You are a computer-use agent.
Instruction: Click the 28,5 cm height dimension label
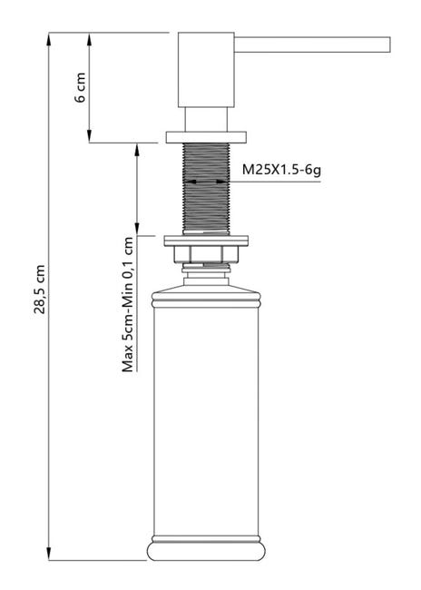(x=40, y=289)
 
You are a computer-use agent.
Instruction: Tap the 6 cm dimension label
(x=80, y=88)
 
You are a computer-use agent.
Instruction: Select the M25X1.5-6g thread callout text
(x=281, y=170)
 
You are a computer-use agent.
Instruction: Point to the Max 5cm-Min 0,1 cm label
(x=128, y=304)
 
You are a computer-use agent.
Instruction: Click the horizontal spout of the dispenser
(x=312, y=44)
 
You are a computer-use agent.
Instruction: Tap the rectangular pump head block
(x=206, y=70)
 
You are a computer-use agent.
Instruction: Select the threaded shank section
(x=206, y=189)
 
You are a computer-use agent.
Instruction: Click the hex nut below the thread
(x=206, y=254)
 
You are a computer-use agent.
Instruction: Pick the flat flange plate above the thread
(x=206, y=137)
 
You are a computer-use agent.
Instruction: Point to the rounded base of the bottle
(x=206, y=550)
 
